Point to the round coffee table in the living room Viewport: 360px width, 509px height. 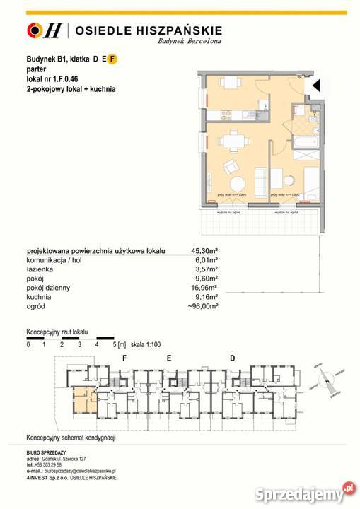click(231, 168)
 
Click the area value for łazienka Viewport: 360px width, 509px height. click(207, 269)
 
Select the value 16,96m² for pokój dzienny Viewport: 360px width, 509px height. click(205, 288)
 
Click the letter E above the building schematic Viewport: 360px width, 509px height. click(169, 358)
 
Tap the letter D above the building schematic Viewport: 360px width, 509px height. click(232, 358)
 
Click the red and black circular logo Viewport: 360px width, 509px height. click(33, 30)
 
